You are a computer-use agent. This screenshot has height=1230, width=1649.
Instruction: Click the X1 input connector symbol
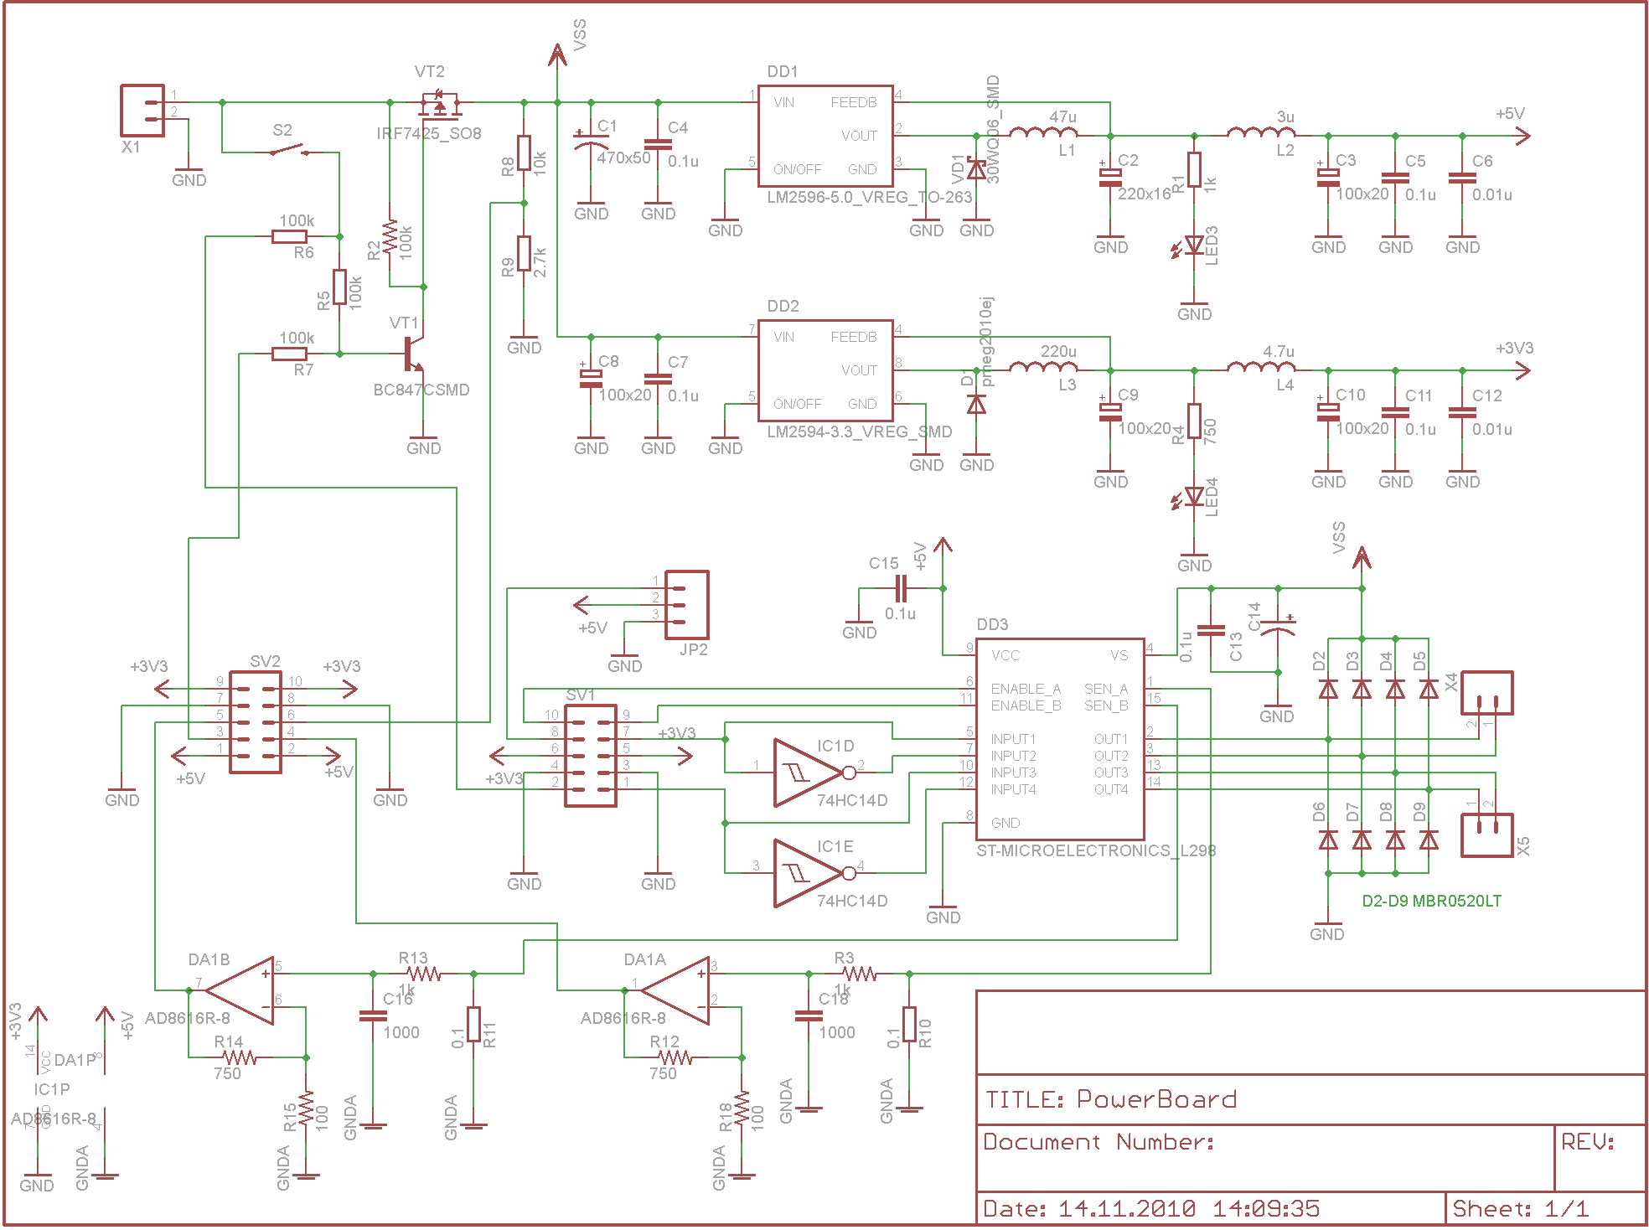tap(142, 110)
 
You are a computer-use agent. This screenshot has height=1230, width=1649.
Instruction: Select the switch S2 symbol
tap(290, 152)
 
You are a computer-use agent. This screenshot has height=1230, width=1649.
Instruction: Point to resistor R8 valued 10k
tap(525, 152)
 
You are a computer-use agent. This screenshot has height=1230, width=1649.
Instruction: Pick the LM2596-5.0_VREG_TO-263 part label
tap(869, 197)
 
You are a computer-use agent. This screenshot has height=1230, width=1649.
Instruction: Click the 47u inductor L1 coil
tap(1043, 132)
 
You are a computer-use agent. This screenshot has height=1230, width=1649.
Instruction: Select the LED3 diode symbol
tap(1195, 245)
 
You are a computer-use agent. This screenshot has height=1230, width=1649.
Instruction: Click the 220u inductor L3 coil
tap(1043, 367)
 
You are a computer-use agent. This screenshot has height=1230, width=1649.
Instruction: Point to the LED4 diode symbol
tap(1195, 497)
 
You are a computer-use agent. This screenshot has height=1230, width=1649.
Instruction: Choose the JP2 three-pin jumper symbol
tap(686, 605)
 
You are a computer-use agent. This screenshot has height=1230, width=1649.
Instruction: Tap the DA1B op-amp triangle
tap(242, 990)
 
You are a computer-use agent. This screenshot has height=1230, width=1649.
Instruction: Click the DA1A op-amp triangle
tap(678, 990)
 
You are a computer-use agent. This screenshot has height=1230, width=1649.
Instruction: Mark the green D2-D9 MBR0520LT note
tap(1431, 902)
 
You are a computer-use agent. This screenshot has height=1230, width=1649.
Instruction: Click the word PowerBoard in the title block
tap(1156, 1099)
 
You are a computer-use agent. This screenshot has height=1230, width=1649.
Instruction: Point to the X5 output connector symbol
tap(1486, 835)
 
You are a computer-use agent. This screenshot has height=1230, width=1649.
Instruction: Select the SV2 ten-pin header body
tap(256, 727)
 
